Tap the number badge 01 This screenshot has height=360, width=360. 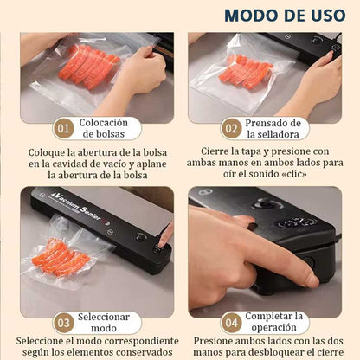(63, 129)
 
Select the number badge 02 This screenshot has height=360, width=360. (231, 129)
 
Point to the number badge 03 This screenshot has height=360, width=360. (63, 323)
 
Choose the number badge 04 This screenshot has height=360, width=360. (231, 323)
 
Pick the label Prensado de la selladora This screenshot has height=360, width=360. (273, 129)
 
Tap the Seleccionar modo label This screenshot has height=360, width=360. (104, 323)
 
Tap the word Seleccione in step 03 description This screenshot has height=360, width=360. (42, 341)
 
